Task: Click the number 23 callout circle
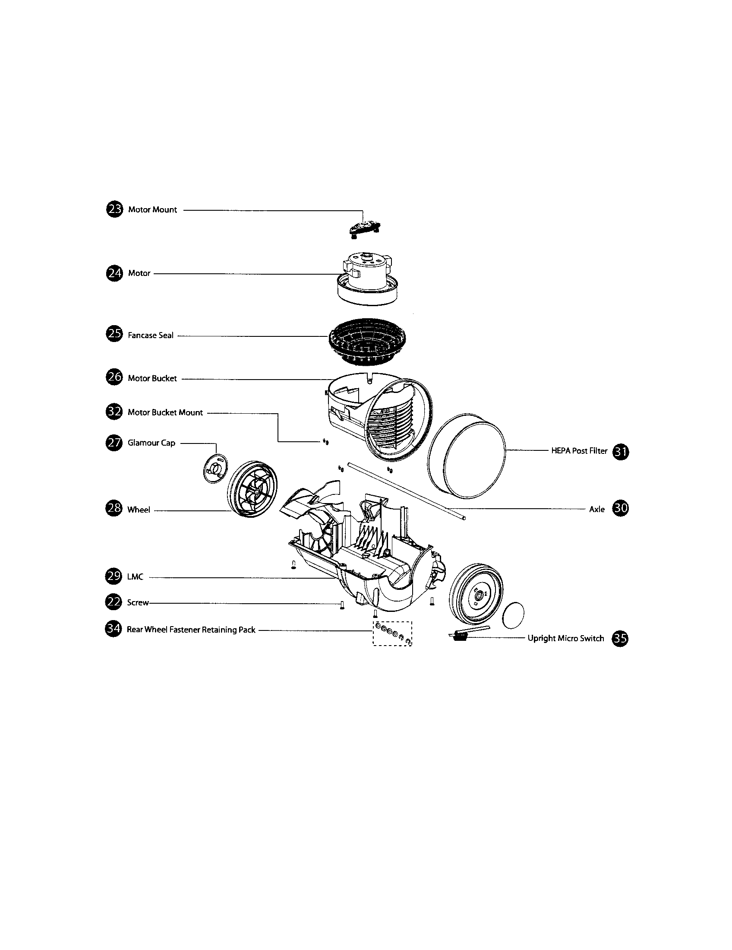coord(114,210)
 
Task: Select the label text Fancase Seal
coord(150,336)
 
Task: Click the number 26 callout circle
coord(114,377)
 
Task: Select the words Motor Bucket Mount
coord(165,412)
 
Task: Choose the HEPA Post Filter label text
coord(579,451)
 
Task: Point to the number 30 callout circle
coord(620,509)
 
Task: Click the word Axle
coord(596,510)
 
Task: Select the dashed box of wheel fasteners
coord(392,634)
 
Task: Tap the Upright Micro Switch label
coord(565,638)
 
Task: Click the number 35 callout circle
coord(620,638)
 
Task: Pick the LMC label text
coord(135,577)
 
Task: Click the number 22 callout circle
coord(114,602)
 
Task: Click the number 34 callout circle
coord(114,630)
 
